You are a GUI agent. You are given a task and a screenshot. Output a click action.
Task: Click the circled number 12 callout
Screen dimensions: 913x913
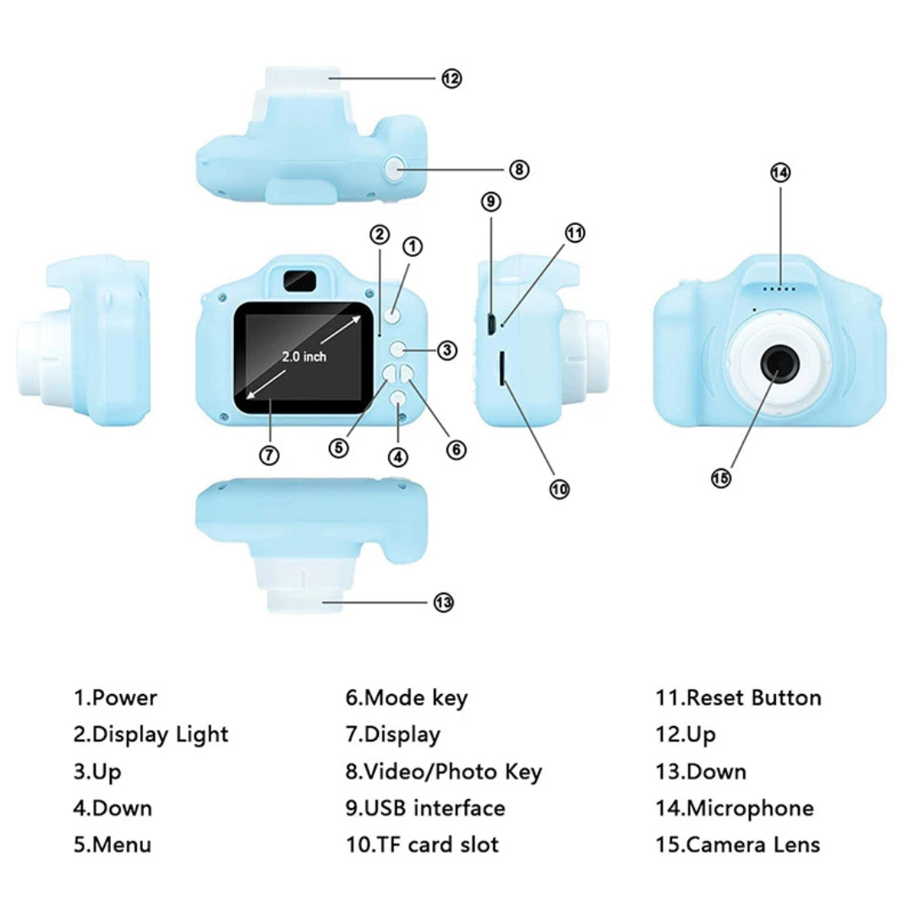click(451, 79)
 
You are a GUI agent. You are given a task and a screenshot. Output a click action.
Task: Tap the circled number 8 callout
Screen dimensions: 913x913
click(519, 170)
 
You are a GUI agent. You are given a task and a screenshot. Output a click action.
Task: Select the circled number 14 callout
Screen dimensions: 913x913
click(779, 172)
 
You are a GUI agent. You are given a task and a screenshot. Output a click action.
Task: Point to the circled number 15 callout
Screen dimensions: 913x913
click(720, 478)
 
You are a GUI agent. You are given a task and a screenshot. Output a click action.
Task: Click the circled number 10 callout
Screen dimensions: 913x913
click(560, 488)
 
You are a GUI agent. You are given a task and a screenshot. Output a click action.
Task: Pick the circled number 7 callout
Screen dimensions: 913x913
click(268, 455)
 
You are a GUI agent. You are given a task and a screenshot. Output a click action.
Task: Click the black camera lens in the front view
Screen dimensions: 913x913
click(779, 364)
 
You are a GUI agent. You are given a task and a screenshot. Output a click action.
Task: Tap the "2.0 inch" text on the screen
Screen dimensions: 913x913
click(304, 357)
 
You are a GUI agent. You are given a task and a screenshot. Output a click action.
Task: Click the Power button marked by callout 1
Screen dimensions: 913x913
click(391, 316)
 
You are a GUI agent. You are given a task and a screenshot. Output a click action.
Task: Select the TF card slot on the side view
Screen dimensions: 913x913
click(503, 369)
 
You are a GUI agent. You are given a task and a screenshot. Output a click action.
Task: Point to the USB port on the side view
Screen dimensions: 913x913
click(489, 322)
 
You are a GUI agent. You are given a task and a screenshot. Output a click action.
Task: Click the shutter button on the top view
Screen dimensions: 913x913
click(394, 169)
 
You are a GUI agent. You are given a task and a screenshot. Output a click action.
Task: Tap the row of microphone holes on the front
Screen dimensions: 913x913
click(779, 289)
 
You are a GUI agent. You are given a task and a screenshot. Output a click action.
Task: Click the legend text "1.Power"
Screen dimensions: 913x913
click(115, 698)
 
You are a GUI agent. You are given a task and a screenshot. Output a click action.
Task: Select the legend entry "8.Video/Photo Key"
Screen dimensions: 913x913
click(443, 771)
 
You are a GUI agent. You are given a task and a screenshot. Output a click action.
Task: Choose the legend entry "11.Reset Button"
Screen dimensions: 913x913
click(737, 698)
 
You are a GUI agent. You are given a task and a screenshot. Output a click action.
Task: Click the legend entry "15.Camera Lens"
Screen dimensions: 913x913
click(737, 844)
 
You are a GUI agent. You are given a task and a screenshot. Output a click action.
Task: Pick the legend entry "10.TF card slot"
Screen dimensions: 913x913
click(421, 844)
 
